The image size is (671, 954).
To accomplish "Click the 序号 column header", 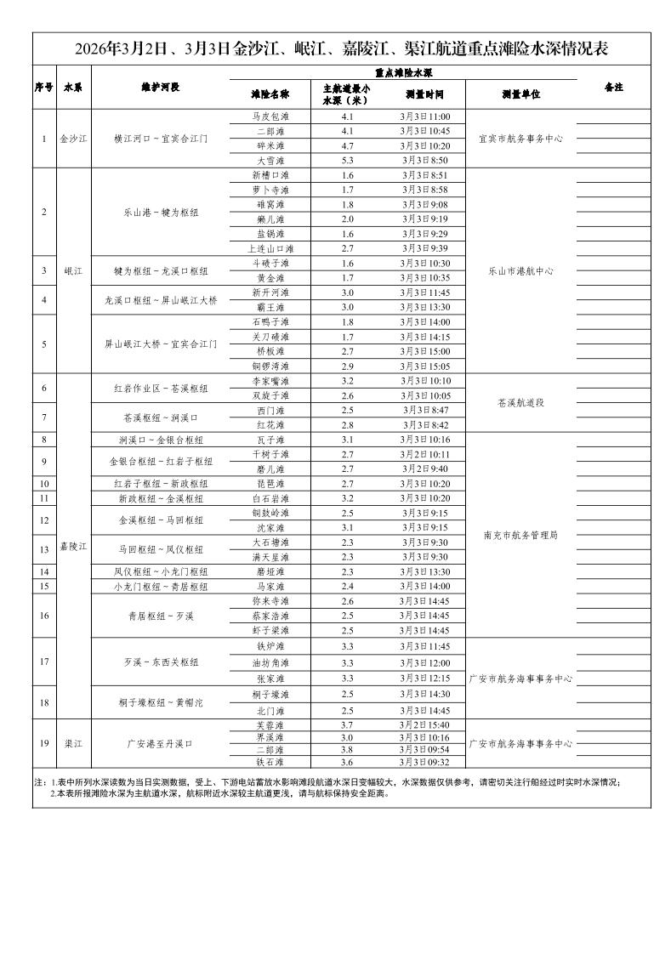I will click(44, 87).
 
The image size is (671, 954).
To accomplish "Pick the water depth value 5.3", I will click(347, 160).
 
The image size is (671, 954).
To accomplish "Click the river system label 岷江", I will click(73, 270).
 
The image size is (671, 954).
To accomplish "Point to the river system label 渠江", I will click(73, 743).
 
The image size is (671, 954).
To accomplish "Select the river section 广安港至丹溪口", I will click(160, 743).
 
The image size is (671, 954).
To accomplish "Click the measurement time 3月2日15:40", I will click(424, 724).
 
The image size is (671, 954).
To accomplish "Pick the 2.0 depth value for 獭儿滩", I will click(347, 219).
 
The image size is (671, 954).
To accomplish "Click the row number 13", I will click(44, 550).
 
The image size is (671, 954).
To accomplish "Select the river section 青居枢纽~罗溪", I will click(160, 616).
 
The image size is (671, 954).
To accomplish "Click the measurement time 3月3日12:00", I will click(424, 662).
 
